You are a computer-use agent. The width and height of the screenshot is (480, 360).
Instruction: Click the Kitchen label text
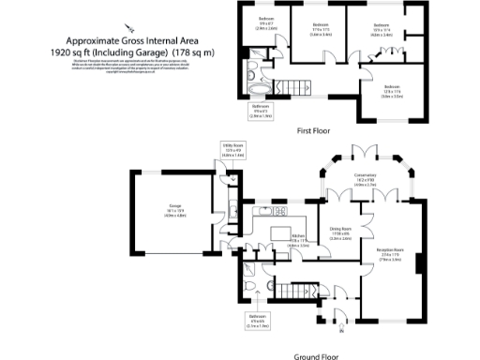click(298, 239)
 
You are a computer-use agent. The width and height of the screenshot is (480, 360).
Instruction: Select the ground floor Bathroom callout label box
click(258, 322)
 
